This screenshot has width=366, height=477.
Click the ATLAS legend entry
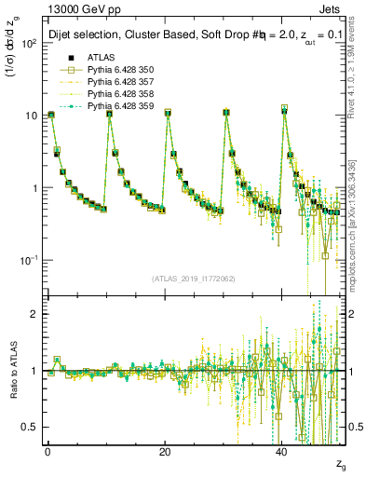(101, 58)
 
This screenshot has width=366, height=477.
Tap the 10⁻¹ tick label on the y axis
(27, 260)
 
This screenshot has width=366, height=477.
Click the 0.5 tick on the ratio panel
(28, 427)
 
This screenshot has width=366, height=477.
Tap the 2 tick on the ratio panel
(33, 314)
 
